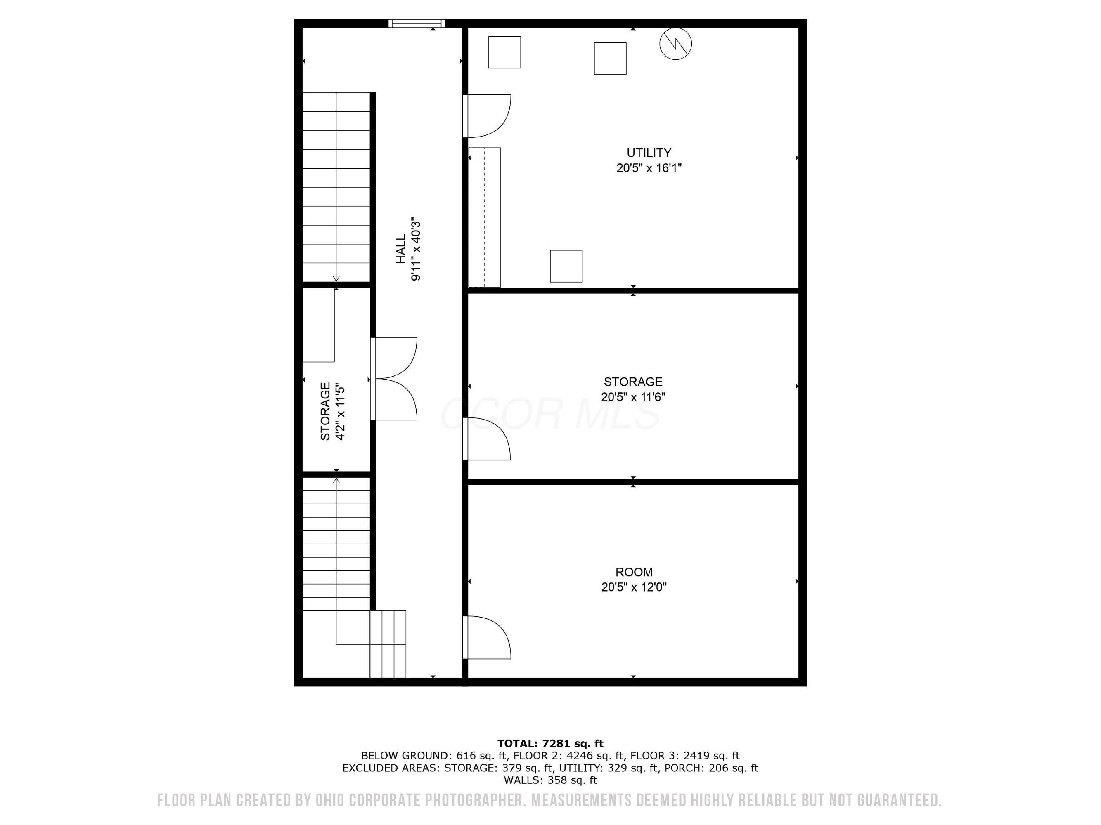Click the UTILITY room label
point(649,153)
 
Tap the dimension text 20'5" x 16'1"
point(649,168)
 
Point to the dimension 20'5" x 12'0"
point(634,587)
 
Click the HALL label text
point(401,249)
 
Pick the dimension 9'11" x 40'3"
point(416,249)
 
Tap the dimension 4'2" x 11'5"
point(341,411)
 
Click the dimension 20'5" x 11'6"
point(633,397)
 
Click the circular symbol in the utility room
point(675,44)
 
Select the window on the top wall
point(417,24)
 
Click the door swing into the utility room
point(487,116)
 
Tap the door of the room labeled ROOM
point(487,638)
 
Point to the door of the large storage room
point(487,438)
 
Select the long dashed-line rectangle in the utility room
point(485,217)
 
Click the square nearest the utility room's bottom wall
point(566,266)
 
